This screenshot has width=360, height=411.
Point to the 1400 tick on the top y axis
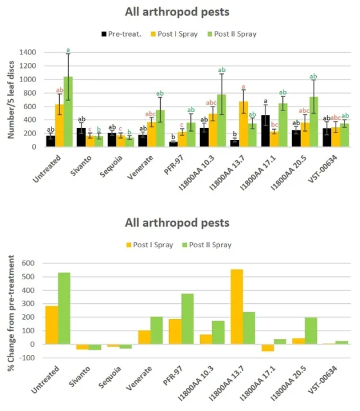[28, 52]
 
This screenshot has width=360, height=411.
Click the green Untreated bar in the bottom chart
[64, 308]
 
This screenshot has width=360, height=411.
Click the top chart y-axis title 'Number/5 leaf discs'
[10, 100]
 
